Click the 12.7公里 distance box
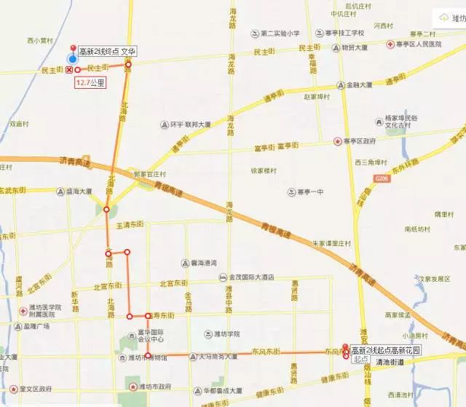(90, 83)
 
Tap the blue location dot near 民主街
(71, 58)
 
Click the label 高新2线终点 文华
(107, 52)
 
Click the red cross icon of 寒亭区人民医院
(390, 44)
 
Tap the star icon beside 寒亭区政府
(337, 141)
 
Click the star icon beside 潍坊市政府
(132, 387)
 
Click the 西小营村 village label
(39, 41)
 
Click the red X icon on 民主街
(69, 69)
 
